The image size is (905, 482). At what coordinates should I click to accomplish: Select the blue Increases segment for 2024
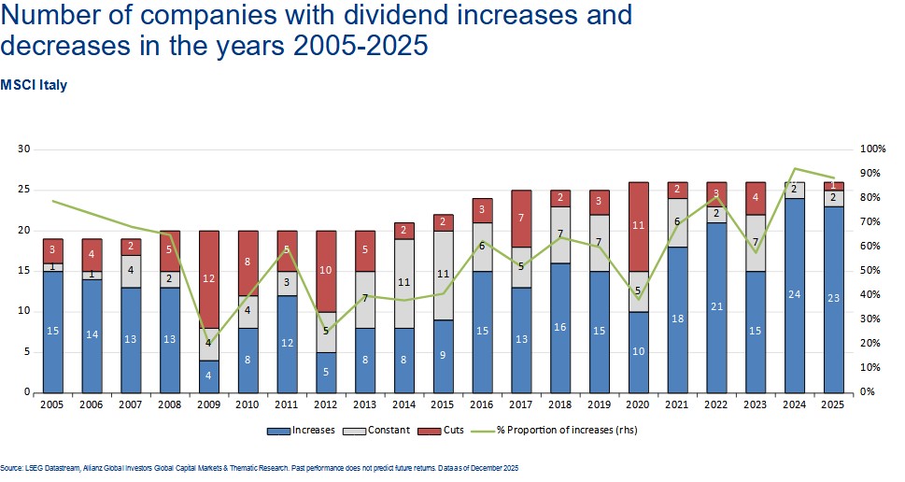[793, 295]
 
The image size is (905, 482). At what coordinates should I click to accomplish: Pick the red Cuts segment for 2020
[639, 226]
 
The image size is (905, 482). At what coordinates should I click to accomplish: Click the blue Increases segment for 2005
[52, 332]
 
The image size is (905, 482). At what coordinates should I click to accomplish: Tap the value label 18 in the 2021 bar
[677, 319]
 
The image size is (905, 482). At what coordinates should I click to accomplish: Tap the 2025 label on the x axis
[832, 405]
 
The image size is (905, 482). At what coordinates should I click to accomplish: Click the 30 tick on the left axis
[24, 149]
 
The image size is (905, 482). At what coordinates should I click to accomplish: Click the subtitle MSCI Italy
[34, 84]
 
